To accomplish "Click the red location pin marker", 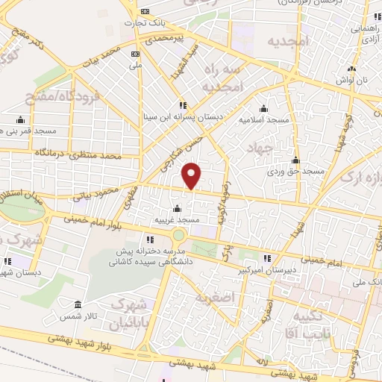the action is [192, 176].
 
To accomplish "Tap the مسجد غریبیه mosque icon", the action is [177, 208].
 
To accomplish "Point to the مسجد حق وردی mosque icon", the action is [296, 160].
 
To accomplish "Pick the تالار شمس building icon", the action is [78, 304].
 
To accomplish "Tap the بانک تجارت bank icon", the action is [145, 11].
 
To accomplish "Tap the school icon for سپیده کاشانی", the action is [149, 239].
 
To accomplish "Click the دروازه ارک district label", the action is [362, 178].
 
